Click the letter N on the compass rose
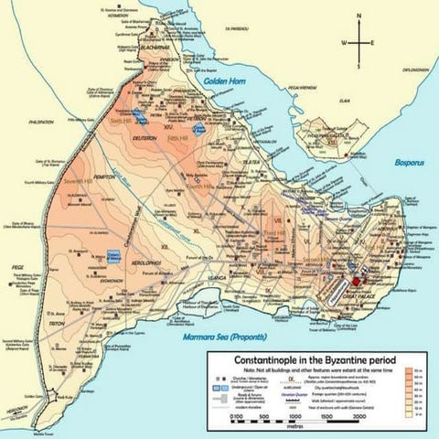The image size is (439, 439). click(x=359, y=16)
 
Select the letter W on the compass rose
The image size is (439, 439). click(x=344, y=43)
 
